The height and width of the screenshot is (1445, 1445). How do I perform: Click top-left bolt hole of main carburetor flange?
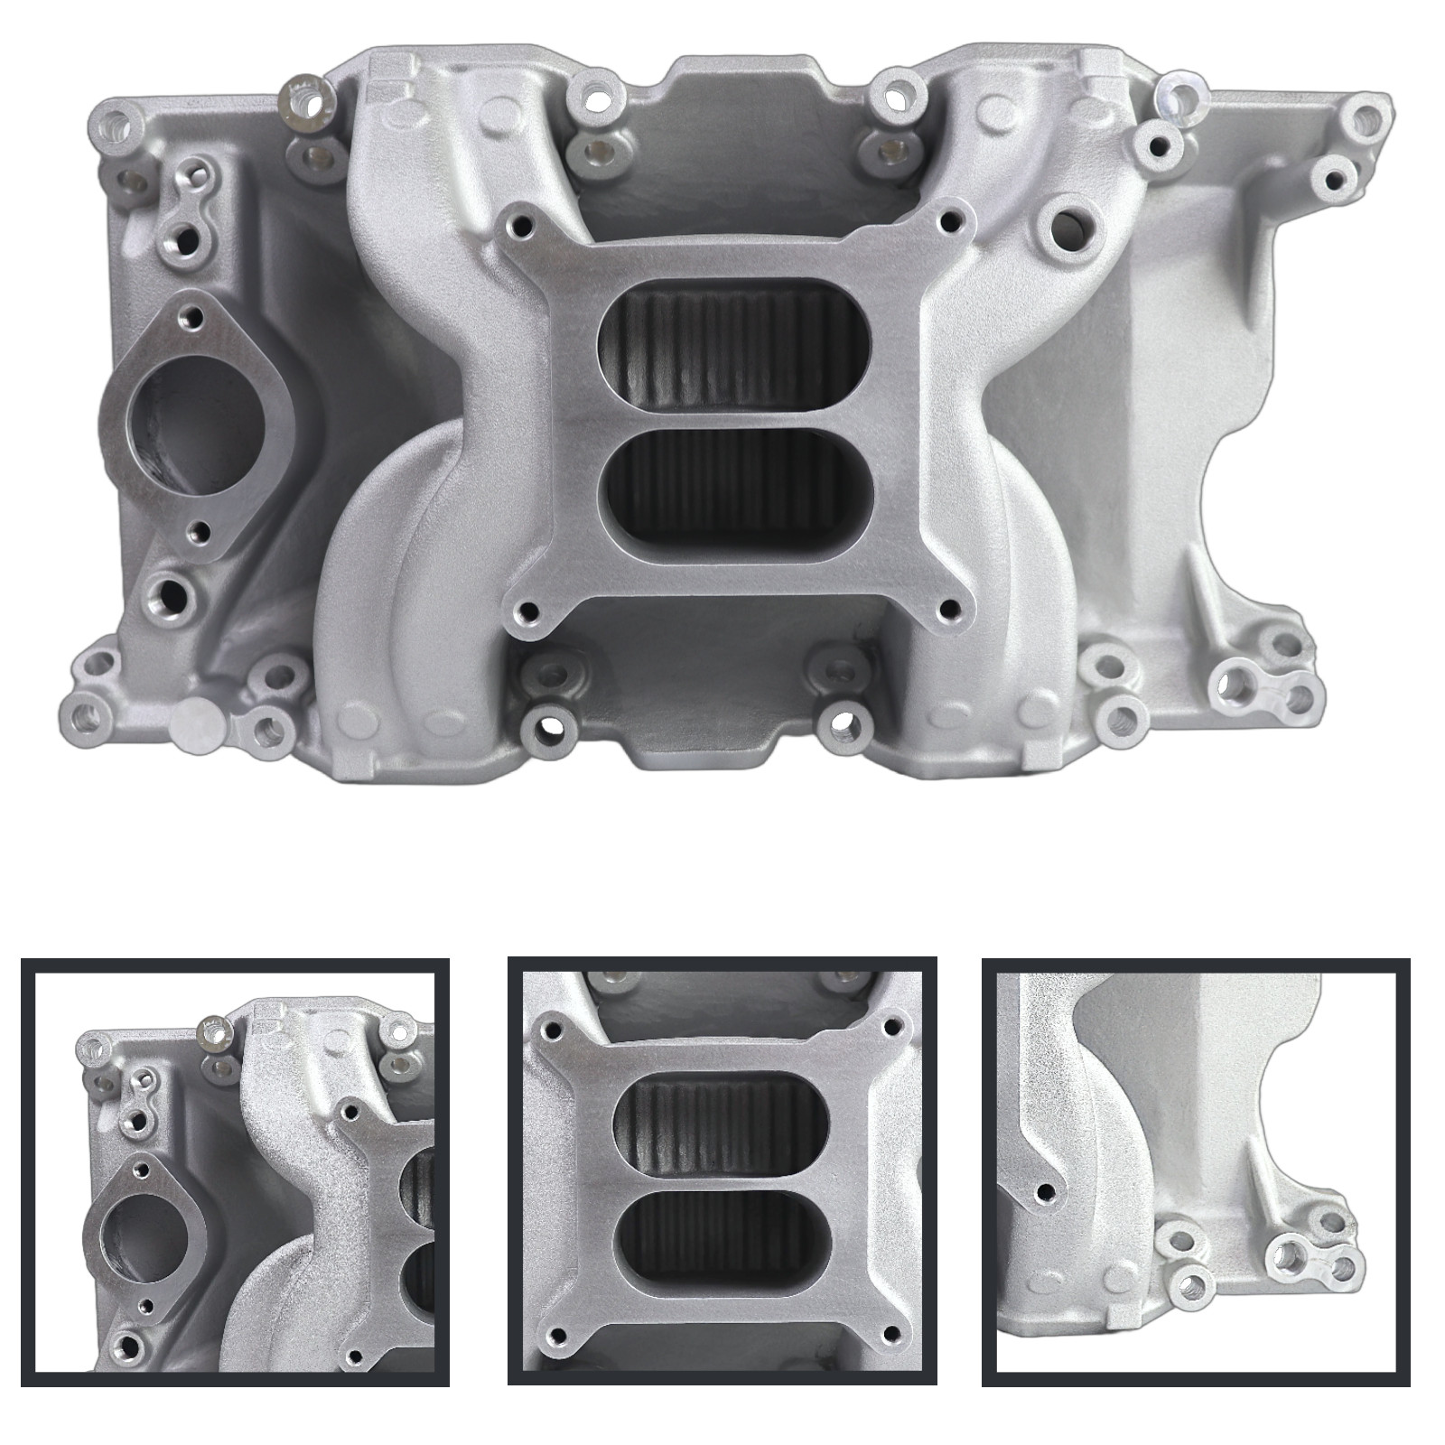point(519,220)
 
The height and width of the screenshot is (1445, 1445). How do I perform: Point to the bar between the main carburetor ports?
point(736,420)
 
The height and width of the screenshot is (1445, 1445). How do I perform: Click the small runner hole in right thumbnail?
point(1047,1191)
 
